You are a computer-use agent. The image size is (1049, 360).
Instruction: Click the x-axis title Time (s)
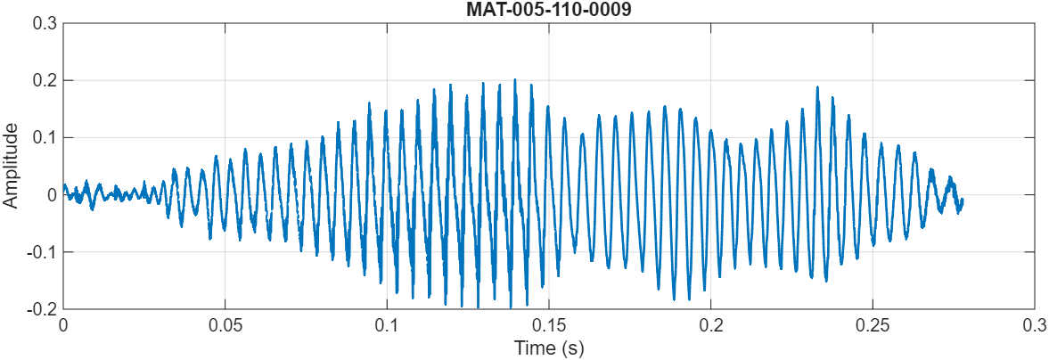[548, 347]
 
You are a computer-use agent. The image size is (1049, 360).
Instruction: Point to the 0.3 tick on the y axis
[45, 23]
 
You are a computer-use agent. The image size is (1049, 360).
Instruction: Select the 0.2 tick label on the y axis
[45, 80]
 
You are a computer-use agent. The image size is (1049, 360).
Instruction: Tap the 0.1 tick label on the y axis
[45, 137]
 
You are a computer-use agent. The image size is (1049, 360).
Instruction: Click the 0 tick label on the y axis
[51, 194]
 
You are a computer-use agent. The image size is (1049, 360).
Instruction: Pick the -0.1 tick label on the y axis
[42, 251]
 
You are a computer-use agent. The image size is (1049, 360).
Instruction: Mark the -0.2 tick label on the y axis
[42, 308]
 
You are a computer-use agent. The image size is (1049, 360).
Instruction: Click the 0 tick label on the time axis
[62, 326]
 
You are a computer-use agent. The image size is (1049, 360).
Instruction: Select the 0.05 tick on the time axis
[225, 326]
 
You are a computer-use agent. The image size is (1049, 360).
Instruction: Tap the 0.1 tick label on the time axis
[387, 326]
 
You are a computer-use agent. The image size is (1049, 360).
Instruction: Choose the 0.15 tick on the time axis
[548, 326]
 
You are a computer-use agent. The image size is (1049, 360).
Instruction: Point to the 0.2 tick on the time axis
[710, 326]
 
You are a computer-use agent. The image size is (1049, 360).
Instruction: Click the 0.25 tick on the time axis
[873, 326]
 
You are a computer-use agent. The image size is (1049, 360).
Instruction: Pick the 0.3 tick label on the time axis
[1034, 326]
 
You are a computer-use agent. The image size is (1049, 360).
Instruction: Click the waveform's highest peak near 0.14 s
[514, 79]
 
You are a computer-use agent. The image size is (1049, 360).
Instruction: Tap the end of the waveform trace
[963, 200]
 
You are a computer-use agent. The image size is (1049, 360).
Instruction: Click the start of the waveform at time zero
[63, 184]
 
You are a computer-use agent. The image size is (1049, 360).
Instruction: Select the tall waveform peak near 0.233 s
[817, 87]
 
